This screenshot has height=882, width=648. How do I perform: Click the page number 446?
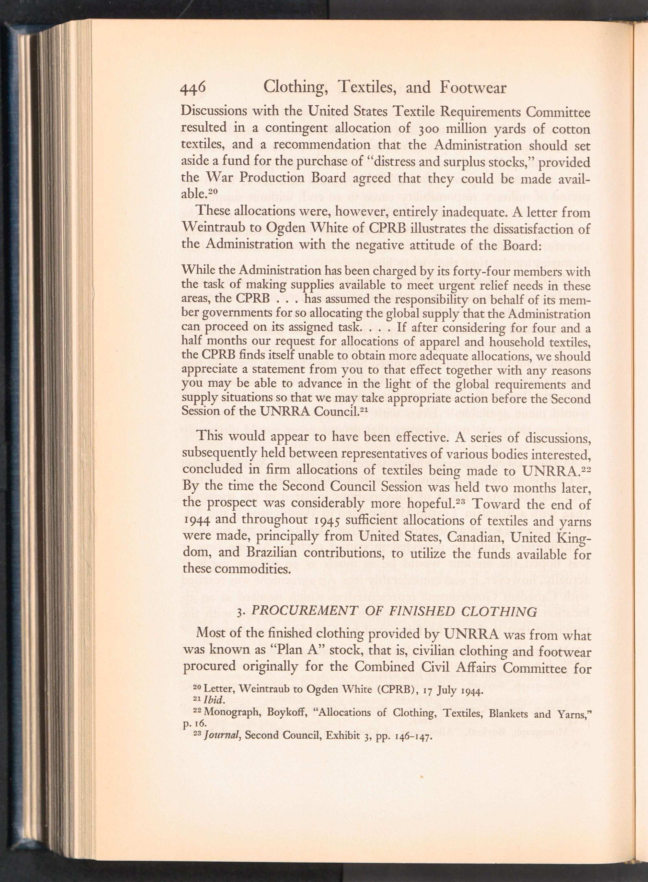(x=193, y=89)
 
